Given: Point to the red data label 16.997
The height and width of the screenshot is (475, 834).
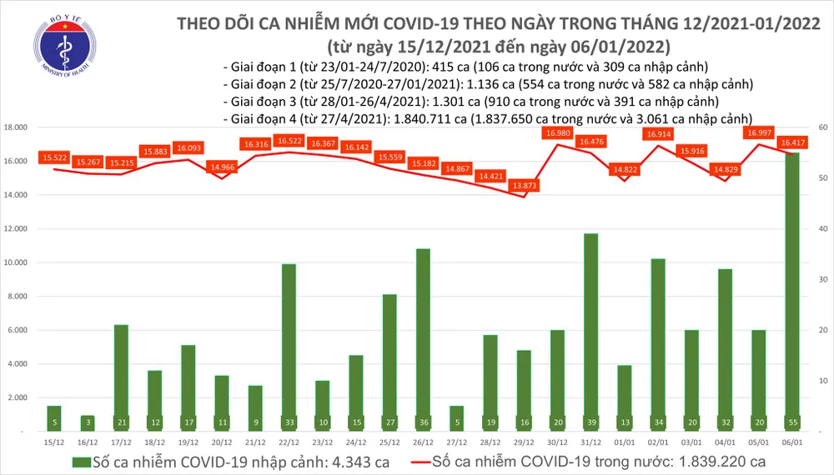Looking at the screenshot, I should click(x=758, y=133).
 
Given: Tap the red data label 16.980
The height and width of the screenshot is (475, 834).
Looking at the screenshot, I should click(x=556, y=133).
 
